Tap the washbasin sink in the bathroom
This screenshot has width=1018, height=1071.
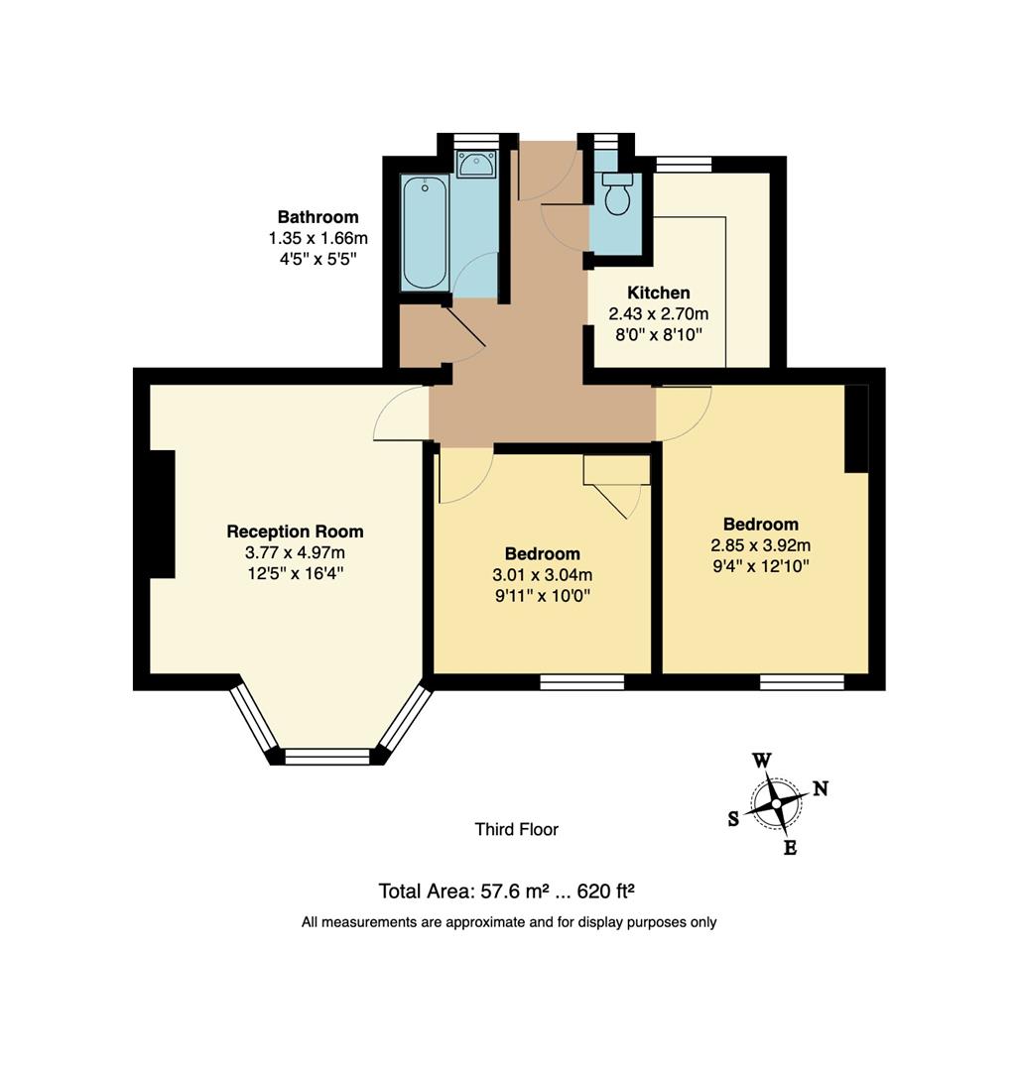coord(476,164)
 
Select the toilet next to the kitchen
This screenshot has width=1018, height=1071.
coord(617,194)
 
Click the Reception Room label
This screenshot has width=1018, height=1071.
coord(295,532)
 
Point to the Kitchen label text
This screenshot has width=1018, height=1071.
coord(658,293)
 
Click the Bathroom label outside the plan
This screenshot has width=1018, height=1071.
coord(318,217)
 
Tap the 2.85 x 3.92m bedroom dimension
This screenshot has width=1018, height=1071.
coord(760,545)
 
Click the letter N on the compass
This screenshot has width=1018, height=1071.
coord(821,788)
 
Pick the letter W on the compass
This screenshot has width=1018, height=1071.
coord(761,761)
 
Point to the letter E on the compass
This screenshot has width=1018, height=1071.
coord(790,848)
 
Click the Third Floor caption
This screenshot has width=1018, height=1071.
coord(516,829)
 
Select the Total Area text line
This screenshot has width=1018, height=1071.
coord(513,890)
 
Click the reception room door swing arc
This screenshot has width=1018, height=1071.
coord(393,415)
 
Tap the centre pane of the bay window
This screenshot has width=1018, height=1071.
coord(326,757)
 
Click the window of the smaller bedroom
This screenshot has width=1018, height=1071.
coord(582,681)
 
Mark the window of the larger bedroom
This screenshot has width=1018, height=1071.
coord(802,681)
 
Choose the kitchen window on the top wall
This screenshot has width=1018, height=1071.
coord(684,165)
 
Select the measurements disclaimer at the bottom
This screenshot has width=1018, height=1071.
coord(509,922)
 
